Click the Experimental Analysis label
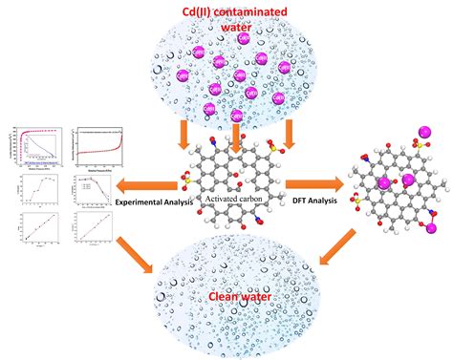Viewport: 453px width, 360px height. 153,202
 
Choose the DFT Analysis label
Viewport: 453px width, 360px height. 314,202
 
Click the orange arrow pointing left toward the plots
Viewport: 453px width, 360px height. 154,184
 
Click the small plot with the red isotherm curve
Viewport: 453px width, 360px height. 98,141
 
